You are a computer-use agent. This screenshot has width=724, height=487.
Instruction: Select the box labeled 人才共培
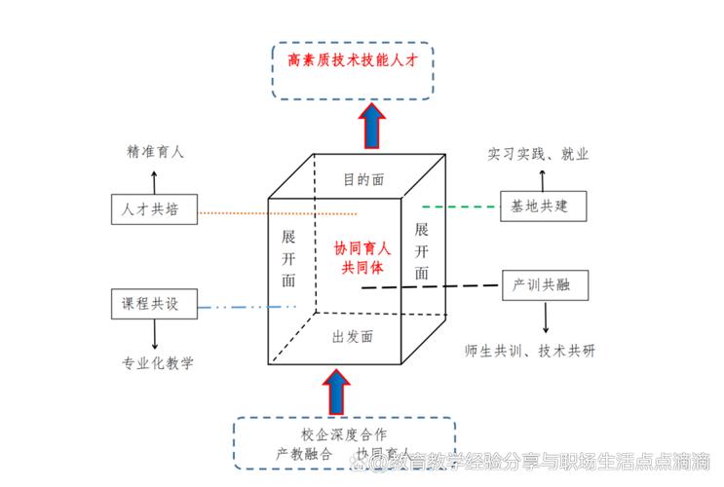pos(153,209)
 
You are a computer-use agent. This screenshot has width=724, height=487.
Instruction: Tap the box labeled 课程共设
pos(153,304)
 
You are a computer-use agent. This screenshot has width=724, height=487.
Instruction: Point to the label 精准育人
pos(155,153)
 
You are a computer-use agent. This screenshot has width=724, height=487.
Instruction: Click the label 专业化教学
pos(157,363)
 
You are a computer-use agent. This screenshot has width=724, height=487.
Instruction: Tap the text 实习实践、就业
pos(538,154)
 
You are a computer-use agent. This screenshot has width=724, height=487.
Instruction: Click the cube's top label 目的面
pos(362,179)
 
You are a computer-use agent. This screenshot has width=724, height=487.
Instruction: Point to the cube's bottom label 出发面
pos(353,337)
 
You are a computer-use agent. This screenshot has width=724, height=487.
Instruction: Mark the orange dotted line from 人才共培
pos(278,212)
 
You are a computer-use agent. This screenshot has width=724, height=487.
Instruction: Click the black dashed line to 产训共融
pos(438,286)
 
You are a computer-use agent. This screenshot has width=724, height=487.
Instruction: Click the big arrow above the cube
pos(371,124)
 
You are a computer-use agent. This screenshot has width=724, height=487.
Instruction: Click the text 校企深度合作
pos(344,433)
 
